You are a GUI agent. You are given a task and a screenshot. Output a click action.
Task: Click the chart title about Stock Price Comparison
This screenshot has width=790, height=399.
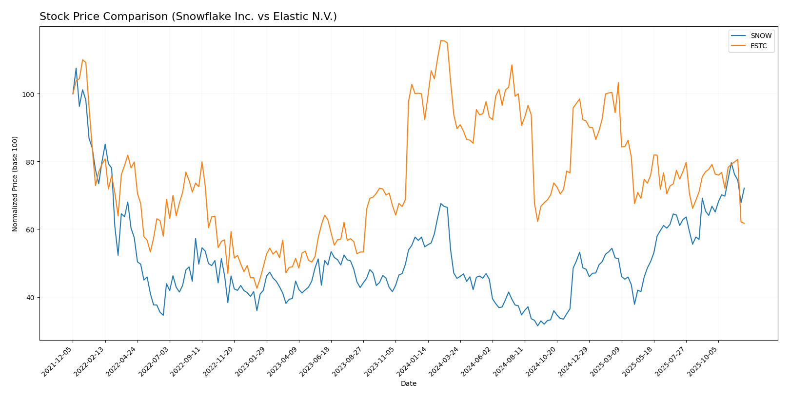pyautogui.click(x=188, y=17)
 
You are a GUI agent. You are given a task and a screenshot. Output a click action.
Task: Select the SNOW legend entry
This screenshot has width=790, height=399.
pyautogui.click(x=761, y=36)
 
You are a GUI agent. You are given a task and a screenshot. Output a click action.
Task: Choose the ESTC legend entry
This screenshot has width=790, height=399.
pyautogui.click(x=759, y=46)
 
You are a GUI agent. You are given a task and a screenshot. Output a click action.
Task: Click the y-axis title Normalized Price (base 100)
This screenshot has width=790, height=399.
pyautogui.click(x=15, y=184)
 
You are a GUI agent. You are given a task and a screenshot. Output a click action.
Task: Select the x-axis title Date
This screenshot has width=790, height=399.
pyautogui.click(x=409, y=383)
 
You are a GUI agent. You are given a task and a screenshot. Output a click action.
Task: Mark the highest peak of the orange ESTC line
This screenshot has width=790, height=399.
pyautogui.click(x=441, y=40)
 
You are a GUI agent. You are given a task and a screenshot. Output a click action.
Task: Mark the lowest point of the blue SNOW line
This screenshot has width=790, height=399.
pyautogui.click(x=537, y=325)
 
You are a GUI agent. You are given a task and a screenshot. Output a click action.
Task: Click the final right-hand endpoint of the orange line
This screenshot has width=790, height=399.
pyautogui.click(x=744, y=223)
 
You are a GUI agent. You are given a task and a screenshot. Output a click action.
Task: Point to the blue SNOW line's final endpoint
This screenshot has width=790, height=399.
pyautogui.click(x=744, y=188)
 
